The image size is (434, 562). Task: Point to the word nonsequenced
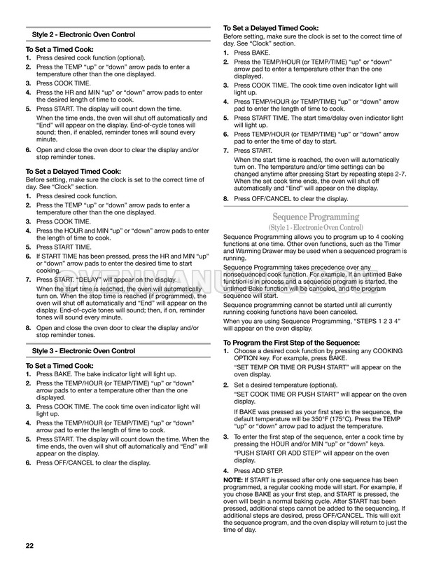(252, 274)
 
